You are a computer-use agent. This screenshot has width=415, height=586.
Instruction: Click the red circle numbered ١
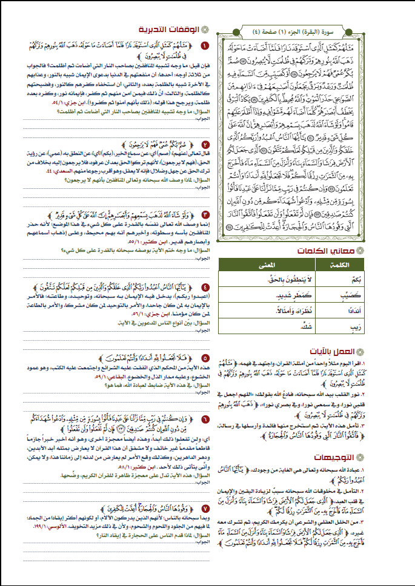pos(205,46)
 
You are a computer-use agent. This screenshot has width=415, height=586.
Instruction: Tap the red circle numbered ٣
pos(205,215)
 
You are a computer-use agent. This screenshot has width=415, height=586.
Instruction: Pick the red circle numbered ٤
pos(205,288)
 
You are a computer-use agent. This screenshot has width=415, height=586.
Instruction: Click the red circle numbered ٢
pos(205,145)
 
